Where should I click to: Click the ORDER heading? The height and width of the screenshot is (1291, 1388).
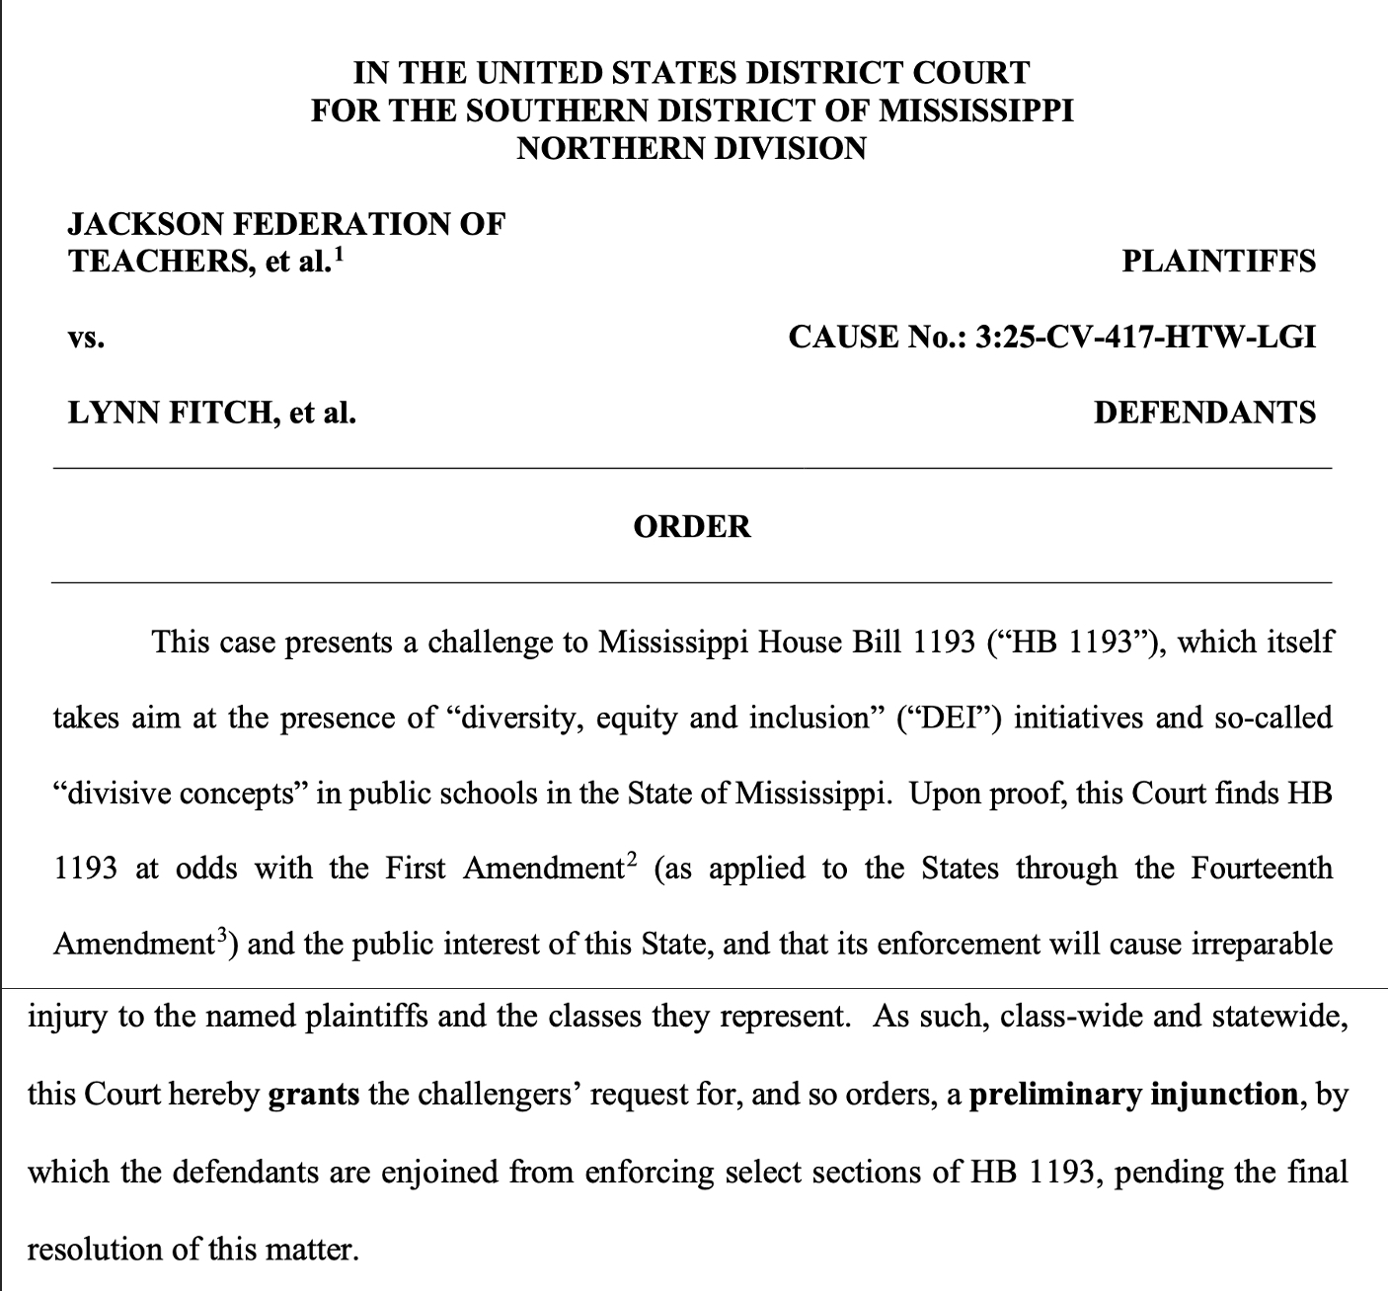[691, 526]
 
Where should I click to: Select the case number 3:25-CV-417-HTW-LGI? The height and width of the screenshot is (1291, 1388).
[1145, 338]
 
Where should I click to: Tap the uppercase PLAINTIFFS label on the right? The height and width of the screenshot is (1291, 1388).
[1219, 262]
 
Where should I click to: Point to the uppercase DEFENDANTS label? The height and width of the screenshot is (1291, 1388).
[1204, 413]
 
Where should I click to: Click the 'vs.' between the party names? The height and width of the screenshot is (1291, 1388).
[86, 339]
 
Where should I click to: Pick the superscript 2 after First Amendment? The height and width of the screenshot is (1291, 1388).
[632, 861]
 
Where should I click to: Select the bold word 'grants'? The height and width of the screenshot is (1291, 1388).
[314, 1095]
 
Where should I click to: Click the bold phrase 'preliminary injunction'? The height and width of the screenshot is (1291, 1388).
[1133, 1095]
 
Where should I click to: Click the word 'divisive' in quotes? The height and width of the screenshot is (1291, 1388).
[121, 794]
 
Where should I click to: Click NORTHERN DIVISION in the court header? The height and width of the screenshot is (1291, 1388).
[691, 148]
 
